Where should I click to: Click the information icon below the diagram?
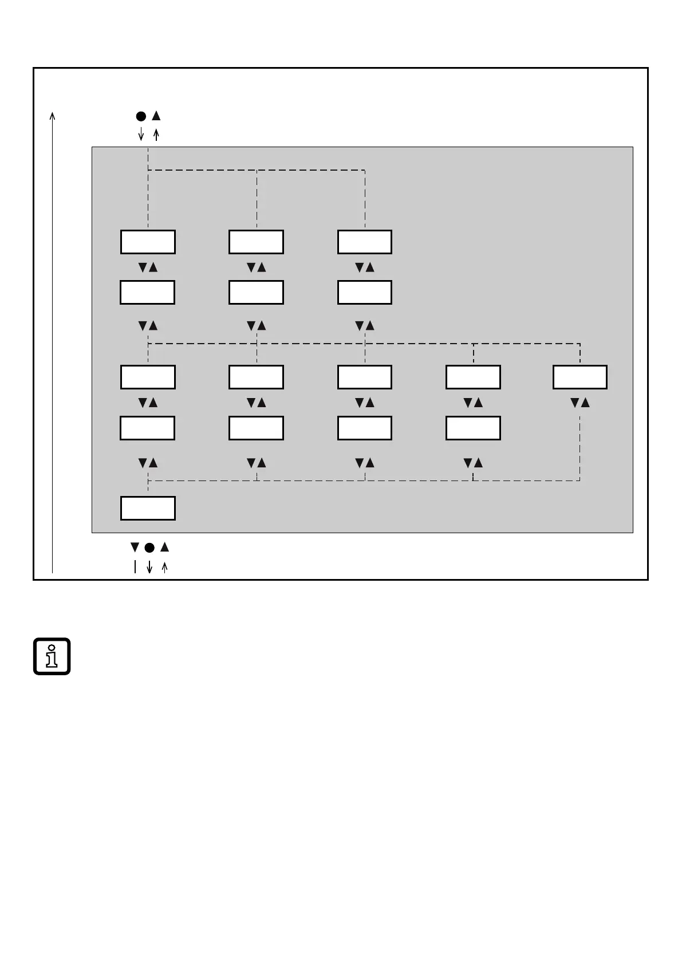tap(52, 656)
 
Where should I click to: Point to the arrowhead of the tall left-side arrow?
tap(52, 115)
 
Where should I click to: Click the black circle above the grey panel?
tap(141, 116)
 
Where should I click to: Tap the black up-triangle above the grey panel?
tap(156, 116)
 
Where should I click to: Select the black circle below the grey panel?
tap(149, 548)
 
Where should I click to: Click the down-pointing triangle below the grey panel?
tap(135, 547)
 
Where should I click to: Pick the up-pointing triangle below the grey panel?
tap(164, 547)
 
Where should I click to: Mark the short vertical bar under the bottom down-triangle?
tap(135, 567)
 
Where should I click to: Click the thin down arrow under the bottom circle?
tap(149, 567)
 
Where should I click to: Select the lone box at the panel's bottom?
tap(148, 508)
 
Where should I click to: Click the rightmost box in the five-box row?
tap(580, 377)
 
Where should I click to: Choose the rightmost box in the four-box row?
tap(473, 428)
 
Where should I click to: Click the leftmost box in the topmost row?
tap(148, 242)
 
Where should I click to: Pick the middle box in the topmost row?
tap(256, 242)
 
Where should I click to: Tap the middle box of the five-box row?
tap(365, 377)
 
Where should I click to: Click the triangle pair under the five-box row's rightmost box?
tap(580, 403)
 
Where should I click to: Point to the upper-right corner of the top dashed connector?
tap(365, 170)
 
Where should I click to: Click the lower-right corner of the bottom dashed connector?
tap(580, 480)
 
